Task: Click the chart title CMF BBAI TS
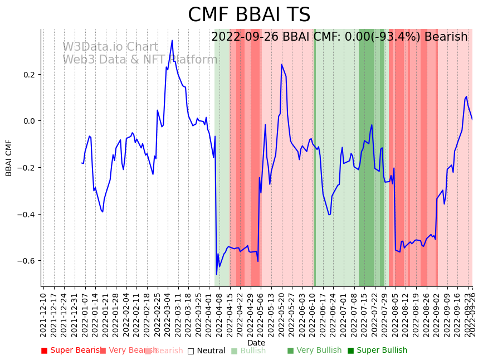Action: [x=249, y=15]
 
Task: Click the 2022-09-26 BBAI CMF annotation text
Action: [x=339, y=37]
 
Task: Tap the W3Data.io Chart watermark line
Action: [x=110, y=47]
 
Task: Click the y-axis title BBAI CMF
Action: [x=9, y=158]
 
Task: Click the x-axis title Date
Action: [x=256, y=343]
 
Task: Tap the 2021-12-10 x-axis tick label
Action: [x=43, y=312]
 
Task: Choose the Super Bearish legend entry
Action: [x=72, y=351]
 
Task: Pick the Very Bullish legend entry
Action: [x=314, y=351]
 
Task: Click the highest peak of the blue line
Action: [x=172, y=40]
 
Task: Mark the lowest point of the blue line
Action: [x=217, y=274]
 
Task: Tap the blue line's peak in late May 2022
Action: [x=282, y=65]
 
